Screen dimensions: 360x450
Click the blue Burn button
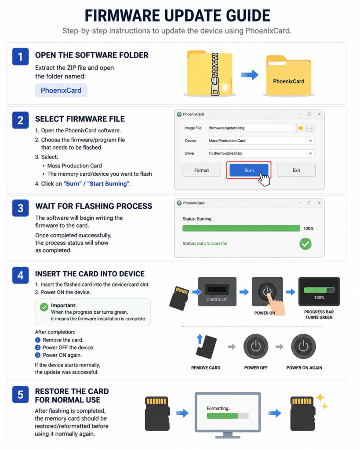coord(249,170)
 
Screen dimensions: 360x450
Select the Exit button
coord(296,170)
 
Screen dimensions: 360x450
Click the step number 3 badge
coord(20,208)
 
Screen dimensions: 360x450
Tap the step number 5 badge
coord(20,395)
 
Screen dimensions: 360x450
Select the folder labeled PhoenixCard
coord(288,76)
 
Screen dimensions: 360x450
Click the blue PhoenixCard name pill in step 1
coord(61,91)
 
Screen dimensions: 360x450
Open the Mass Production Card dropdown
coord(260,141)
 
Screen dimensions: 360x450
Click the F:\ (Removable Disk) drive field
coord(260,153)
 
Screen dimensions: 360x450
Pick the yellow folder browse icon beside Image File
coord(300,128)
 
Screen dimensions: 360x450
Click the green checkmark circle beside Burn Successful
coord(305,244)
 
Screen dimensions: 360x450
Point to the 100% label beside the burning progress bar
coord(308,229)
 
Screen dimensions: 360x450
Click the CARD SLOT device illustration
coord(217,292)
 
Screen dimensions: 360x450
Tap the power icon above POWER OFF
coord(256,346)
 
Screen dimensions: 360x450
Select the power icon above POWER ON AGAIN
coord(303,346)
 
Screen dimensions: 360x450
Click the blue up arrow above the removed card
coord(200,339)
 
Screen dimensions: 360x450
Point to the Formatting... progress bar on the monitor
coord(228,416)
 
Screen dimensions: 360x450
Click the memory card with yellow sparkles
coord(303,414)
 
